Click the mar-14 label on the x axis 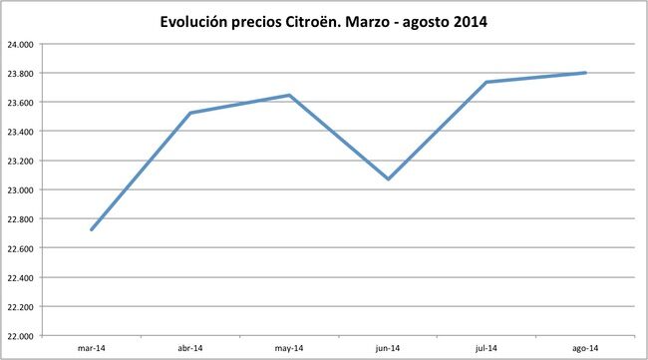click(92, 348)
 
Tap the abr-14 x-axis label click(190, 348)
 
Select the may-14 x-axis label click(289, 348)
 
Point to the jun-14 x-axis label click(388, 348)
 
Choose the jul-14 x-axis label click(486, 348)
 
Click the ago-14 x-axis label click(585, 348)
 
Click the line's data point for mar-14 click(92, 230)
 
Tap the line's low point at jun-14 click(388, 180)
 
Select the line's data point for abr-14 click(190, 113)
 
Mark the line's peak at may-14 click(289, 96)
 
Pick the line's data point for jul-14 click(486, 82)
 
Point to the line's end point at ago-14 click(585, 73)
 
